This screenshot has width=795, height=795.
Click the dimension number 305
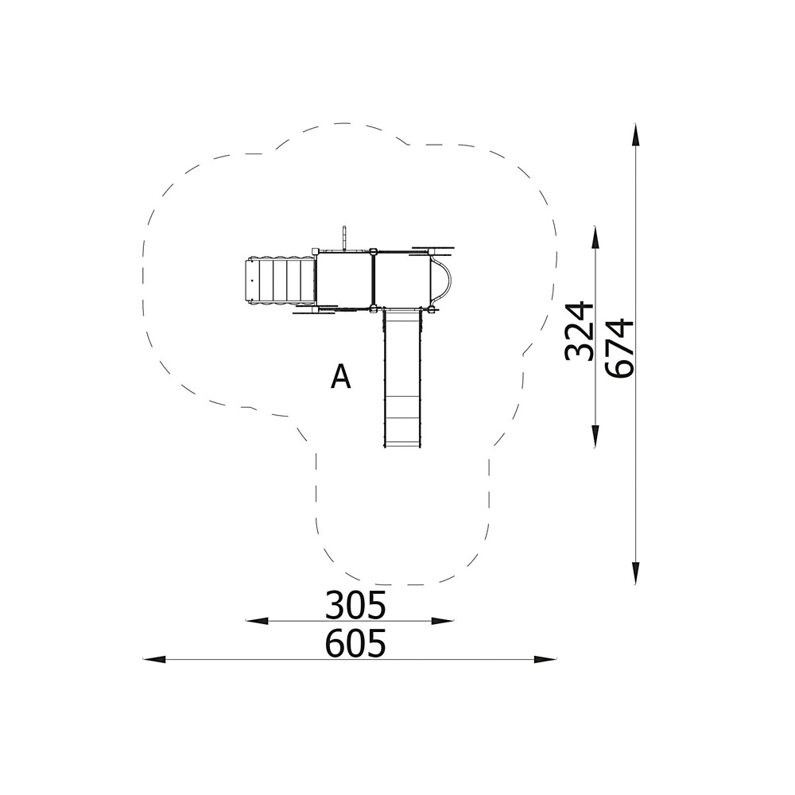coord(355,605)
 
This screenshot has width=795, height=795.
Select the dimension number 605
coord(355,643)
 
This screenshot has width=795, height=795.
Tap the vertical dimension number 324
coord(579,331)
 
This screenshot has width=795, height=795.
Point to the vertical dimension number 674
coord(619,348)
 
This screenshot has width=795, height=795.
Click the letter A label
coord(341,376)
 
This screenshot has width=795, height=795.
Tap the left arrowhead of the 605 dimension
coord(154,659)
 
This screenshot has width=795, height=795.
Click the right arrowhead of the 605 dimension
coord(545,659)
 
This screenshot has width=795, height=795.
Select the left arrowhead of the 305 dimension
coord(257,621)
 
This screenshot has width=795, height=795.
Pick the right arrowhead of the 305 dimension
coord(442,621)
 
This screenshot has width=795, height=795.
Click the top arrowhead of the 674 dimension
coord(635,134)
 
